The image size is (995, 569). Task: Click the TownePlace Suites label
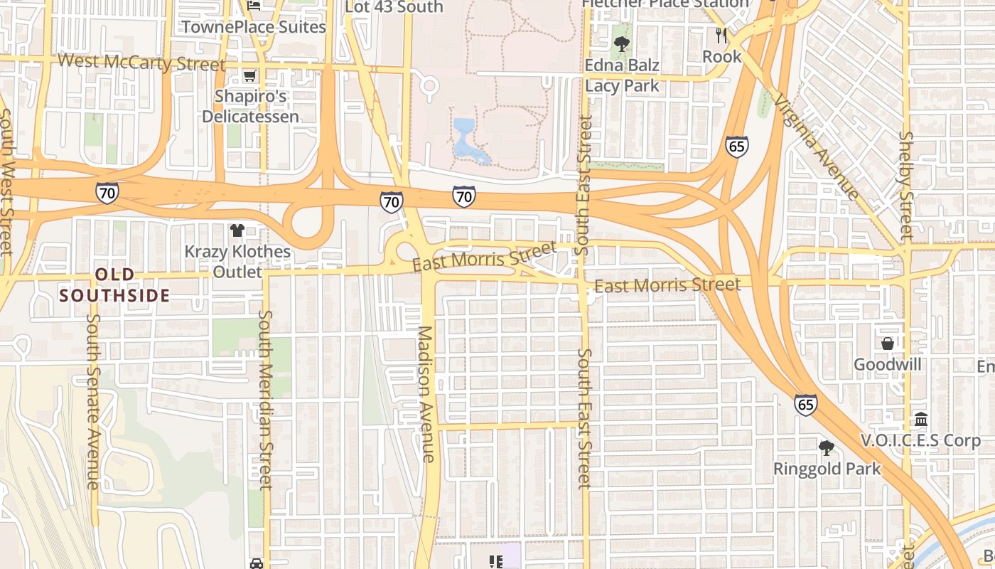coord(254,27)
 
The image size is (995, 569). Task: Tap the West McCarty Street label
coord(141,62)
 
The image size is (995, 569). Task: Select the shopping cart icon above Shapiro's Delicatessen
coord(249,75)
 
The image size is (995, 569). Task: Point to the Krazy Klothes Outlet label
coord(237,262)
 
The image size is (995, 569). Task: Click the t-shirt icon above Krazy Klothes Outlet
coord(237,230)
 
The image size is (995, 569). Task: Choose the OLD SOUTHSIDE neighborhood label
coord(114,284)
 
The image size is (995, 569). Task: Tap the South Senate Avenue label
coord(93,401)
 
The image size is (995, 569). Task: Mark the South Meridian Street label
coord(265,400)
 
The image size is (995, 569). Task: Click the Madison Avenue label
coord(425,394)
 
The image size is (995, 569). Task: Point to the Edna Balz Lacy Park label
coord(622,75)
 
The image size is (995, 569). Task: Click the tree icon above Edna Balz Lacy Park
coord(622,44)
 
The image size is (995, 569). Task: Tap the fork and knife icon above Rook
coord(721,36)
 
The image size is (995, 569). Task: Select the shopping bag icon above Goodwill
coord(888,344)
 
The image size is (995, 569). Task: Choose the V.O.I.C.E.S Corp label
coord(920,441)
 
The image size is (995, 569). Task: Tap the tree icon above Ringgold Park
coord(826,448)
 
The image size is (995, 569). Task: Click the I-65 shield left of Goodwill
coord(805,405)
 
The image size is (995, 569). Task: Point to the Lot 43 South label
coord(394,7)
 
